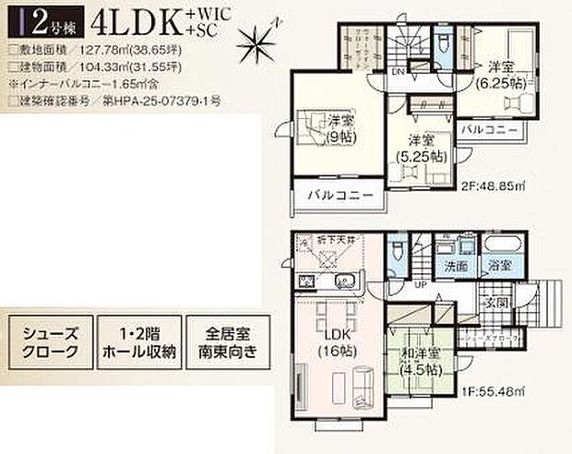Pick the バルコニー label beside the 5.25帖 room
tap(489, 130)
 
